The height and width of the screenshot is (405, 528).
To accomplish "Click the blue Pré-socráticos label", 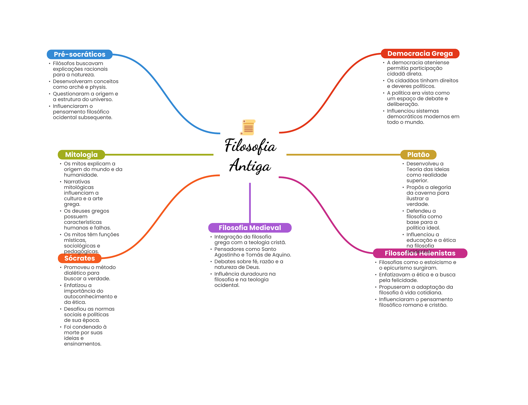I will pyautogui.click(x=79, y=54).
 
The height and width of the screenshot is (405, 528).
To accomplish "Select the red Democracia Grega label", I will pyautogui.click(x=420, y=54).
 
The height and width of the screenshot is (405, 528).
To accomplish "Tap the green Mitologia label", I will pyautogui.click(x=81, y=155).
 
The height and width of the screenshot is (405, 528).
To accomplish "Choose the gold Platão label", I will pyautogui.click(x=418, y=155).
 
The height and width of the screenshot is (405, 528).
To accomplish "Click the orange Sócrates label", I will pyautogui.click(x=79, y=258).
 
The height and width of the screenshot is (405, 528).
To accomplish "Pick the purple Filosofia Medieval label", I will pyautogui.click(x=250, y=228).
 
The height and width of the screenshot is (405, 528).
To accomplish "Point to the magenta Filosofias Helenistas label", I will pyautogui.click(x=420, y=253).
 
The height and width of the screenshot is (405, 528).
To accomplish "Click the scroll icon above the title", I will pyautogui.click(x=248, y=127).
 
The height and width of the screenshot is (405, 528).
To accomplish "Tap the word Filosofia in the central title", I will pyautogui.click(x=250, y=146).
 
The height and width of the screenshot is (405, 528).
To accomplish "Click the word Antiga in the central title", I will pyautogui.click(x=250, y=166).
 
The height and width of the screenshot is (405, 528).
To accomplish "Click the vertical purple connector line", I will pyautogui.click(x=250, y=203).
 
